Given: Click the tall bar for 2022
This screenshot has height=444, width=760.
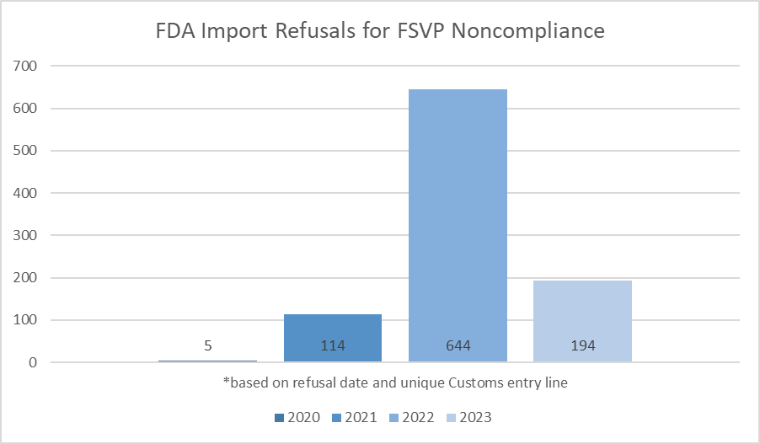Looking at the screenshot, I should point(458,219).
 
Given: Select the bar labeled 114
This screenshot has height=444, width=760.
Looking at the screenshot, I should point(333,333).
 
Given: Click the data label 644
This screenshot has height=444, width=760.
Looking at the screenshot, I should point(458,345).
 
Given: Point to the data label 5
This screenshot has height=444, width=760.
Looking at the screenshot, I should point(208,345).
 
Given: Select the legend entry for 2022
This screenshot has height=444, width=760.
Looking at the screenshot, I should point(418,417).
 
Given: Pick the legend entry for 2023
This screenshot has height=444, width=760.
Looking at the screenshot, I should point(475,417).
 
